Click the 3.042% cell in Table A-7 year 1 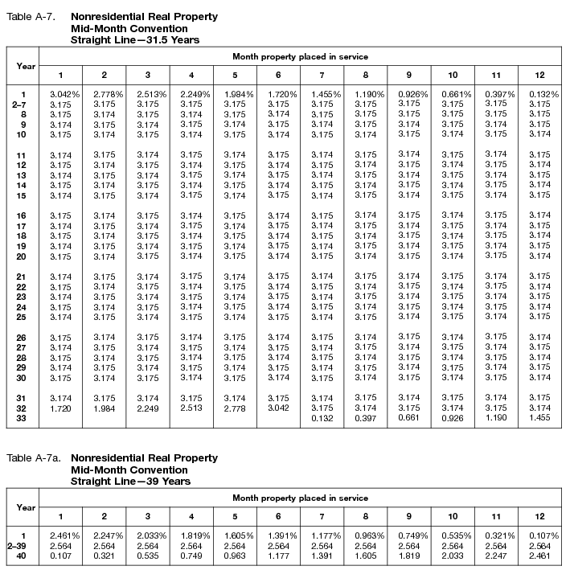tap(61, 94)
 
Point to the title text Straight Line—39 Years tap(130, 481)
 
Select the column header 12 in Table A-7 tap(540, 75)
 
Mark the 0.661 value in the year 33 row tap(409, 418)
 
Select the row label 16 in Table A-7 tap(22, 215)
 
